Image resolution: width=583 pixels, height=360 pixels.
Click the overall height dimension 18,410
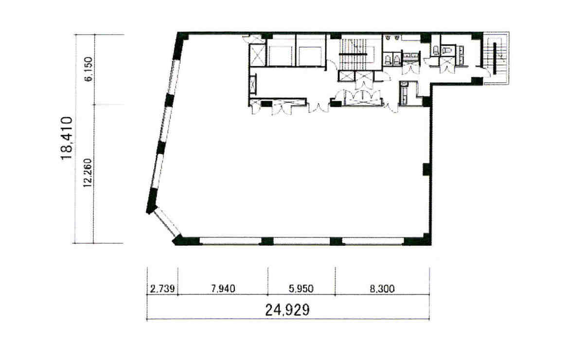point(67,138)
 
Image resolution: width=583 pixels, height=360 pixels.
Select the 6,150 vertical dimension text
point(88,69)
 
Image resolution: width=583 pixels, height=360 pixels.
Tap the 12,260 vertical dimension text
point(88,173)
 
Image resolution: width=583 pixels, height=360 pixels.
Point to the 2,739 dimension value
point(162,288)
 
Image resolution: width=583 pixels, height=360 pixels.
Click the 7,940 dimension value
point(223,288)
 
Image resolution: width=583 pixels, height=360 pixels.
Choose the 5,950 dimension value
point(301,288)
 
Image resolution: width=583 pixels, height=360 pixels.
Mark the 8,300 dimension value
point(382,288)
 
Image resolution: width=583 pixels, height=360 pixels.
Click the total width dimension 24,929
point(287,310)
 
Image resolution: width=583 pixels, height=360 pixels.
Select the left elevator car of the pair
point(281,55)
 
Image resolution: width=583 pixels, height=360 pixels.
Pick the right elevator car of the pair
point(311,55)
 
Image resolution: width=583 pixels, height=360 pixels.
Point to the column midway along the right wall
point(426,169)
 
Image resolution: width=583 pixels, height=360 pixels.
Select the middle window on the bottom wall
point(301,241)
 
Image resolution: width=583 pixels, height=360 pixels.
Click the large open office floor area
point(298,171)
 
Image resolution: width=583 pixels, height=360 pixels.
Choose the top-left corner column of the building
point(182,37)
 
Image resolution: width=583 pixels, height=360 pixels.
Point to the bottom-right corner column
point(422,240)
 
